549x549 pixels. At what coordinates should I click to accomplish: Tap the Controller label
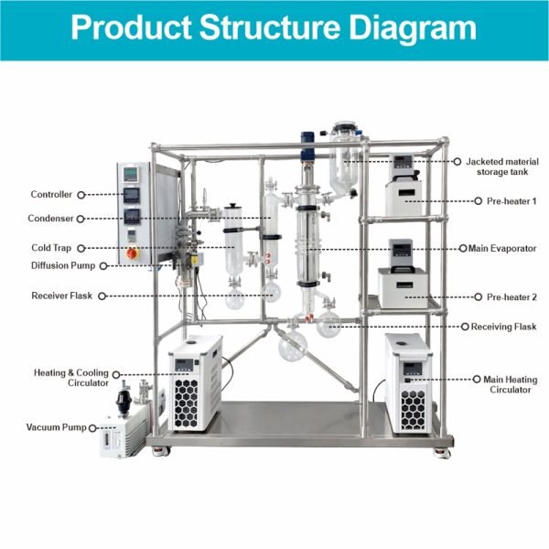pos(52,195)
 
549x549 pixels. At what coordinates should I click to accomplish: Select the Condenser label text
pos(52,219)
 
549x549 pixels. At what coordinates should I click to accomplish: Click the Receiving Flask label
pos(503,327)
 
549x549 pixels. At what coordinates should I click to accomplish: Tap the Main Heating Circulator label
pos(504,383)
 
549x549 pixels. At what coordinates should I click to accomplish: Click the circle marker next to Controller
pos(81,195)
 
